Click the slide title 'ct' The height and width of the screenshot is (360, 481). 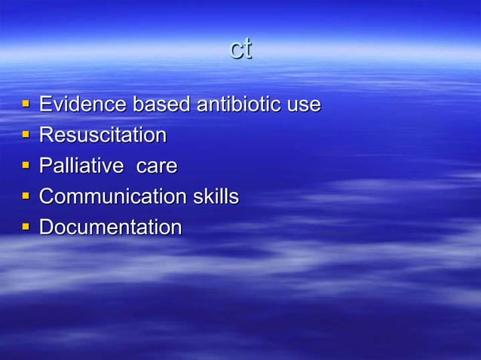(x=240, y=49)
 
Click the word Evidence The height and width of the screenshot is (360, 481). (x=83, y=104)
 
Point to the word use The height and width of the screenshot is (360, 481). (x=304, y=105)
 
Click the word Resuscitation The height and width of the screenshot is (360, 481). (x=103, y=135)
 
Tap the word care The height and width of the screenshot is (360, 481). (x=156, y=166)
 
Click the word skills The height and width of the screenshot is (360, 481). (x=215, y=197)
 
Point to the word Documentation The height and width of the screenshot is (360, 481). (x=110, y=227)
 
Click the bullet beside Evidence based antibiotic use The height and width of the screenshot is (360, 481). (x=26, y=105)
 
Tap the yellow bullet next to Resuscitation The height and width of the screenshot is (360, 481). (x=26, y=136)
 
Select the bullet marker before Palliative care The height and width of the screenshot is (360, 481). (x=26, y=166)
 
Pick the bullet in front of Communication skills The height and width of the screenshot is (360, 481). (x=26, y=197)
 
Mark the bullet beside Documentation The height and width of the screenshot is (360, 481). (x=26, y=227)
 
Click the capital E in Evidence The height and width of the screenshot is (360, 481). (x=45, y=104)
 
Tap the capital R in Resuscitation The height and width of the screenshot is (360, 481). (x=46, y=135)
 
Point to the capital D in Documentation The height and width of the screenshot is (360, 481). (x=46, y=227)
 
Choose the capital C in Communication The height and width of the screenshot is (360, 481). (x=47, y=197)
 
